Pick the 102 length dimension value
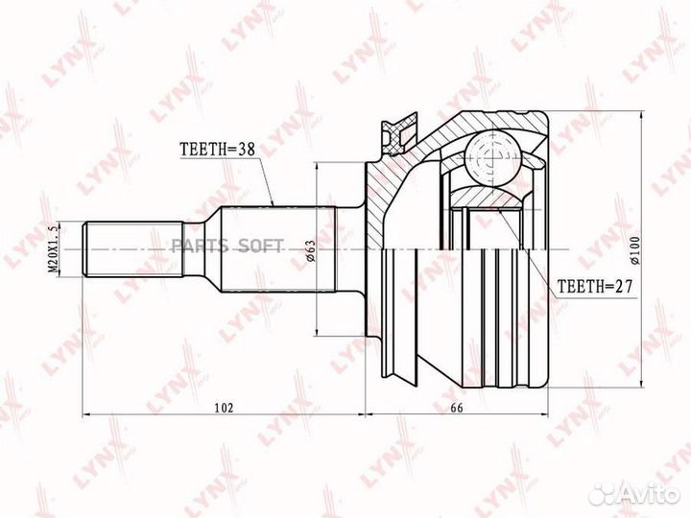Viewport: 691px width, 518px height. click(x=224, y=408)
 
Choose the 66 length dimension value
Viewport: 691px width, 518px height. click(x=457, y=408)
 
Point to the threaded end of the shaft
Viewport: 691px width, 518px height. click(x=107, y=249)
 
